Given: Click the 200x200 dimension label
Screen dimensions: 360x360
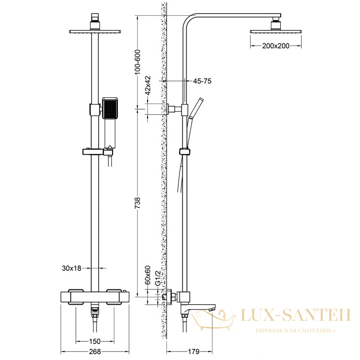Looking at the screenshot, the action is pos(276,46).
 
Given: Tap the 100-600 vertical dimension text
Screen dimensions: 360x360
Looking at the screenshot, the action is pos(137,62).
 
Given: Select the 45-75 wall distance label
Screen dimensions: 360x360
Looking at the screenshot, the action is pos(202,81).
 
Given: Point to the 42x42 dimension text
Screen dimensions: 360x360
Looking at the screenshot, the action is pos(148,85).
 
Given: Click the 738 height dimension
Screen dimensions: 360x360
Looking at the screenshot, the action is pos(137,203).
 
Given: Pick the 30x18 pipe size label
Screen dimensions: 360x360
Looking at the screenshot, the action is pos(72,268).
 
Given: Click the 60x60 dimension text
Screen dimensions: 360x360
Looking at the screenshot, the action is pos(148,275).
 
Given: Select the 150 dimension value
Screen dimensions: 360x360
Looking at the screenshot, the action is pos(95,342).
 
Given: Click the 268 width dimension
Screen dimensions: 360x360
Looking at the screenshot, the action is pos(95,351).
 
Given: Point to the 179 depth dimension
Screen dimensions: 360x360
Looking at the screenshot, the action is pos(193,351).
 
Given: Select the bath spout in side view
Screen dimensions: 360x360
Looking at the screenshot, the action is pos(198,308).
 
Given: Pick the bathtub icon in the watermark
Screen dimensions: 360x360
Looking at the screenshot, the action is pos(212,320).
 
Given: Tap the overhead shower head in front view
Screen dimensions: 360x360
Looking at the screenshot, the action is pos(95,31).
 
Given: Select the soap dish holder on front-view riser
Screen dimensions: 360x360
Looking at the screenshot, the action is pos(97,152).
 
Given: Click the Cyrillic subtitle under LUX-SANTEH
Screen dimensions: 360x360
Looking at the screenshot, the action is pos(296,331).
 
